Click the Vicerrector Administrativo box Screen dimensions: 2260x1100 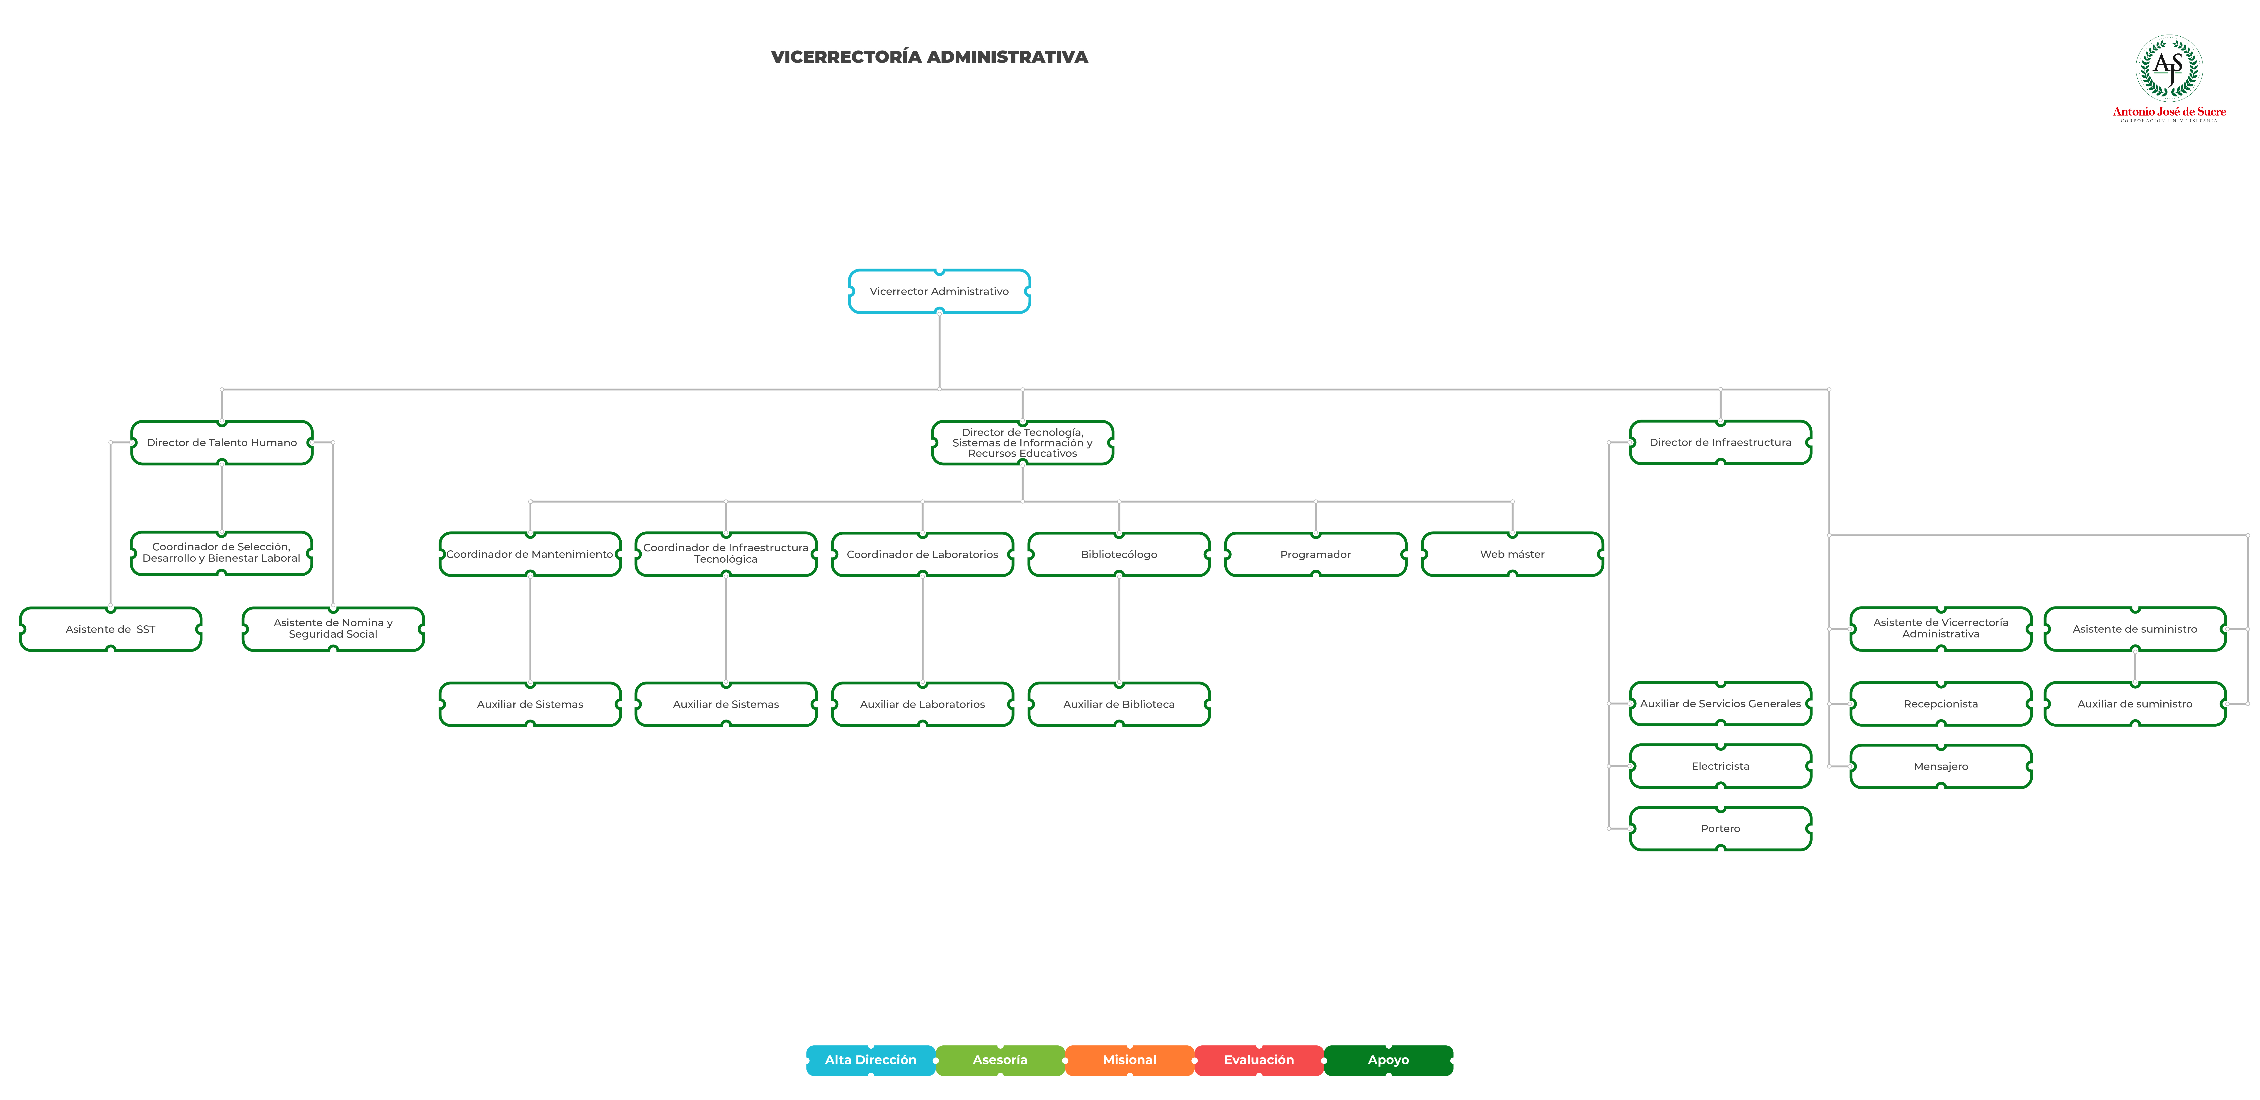click(x=939, y=291)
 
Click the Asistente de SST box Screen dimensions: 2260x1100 click(x=110, y=629)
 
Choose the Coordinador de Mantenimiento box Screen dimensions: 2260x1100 click(x=530, y=554)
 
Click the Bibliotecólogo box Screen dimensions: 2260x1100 click(x=1119, y=554)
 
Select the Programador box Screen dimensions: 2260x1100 click(x=1315, y=554)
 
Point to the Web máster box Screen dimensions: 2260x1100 click(x=1512, y=554)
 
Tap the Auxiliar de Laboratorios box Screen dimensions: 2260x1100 click(x=922, y=704)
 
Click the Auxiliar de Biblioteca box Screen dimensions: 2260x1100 click(x=1119, y=704)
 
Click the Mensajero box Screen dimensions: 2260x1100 click(x=1941, y=766)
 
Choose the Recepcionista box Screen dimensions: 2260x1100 click(x=1941, y=704)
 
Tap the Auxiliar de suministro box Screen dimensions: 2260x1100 click(x=2134, y=704)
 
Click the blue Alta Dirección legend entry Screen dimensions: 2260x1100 click(x=870, y=1060)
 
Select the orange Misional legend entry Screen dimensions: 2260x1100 click(x=1129, y=1060)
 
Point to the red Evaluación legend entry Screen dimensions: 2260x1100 click(x=1259, y=1060)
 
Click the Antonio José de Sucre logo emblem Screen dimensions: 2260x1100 click(x=2169, y=67)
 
